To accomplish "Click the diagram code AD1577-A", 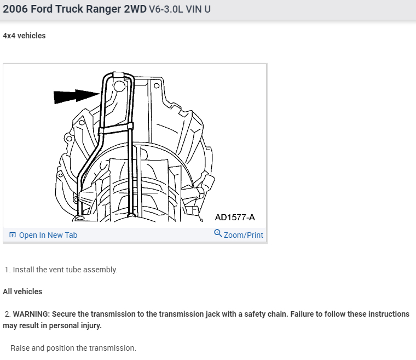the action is tap(234, 218).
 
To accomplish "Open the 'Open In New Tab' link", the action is tap(48, 235).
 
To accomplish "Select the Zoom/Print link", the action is tap(243, 235).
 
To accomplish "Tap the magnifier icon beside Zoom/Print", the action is tap(218, 234).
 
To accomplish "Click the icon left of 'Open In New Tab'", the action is tap(13, 235).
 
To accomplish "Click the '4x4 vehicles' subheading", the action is tap(24, 36).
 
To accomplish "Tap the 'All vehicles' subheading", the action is tap(22, 292).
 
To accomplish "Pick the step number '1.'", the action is tap(8, 270).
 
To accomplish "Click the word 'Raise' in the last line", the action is tap(20, 348).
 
